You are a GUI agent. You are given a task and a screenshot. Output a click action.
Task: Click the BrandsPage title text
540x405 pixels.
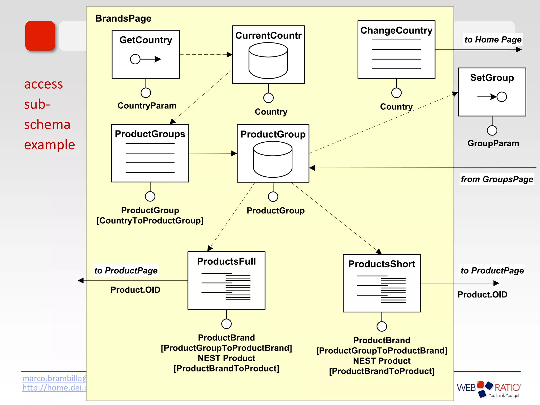pos(123,18)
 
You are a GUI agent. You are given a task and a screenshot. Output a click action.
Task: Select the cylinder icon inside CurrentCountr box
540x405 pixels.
pos(268,61)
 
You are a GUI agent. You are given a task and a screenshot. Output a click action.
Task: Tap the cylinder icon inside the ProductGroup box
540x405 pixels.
pos(273,159)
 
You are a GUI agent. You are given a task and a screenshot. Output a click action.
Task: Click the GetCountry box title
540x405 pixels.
pos(146,40)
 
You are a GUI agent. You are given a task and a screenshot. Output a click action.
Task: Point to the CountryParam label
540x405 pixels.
pos(147,105)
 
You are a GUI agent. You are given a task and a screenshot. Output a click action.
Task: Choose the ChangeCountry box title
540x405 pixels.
pos(396,30)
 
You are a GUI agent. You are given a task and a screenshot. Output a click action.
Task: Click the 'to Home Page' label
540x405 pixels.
pos(493,40)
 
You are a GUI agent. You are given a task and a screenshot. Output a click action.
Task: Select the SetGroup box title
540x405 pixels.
pos(492,78)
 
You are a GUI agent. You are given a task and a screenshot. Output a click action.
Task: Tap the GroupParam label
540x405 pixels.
pos(493,143)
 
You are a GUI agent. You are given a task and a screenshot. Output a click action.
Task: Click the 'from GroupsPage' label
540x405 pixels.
pos(497,179)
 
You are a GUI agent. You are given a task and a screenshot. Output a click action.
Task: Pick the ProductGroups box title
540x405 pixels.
pos(150,134)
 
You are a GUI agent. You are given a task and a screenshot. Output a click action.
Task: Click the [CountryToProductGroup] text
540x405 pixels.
pos(150,220)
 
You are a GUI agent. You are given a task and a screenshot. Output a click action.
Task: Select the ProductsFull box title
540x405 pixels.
pos(226,261)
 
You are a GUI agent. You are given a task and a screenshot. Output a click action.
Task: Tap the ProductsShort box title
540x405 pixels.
pos(382,264)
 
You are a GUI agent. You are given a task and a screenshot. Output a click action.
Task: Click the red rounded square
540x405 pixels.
pos(40,36)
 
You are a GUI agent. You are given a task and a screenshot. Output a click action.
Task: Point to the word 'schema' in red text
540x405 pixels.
pos(47,124)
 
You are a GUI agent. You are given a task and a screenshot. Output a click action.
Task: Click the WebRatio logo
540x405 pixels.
pos(489,389)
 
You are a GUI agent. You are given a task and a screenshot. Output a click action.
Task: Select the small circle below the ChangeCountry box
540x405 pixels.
pos(396,93)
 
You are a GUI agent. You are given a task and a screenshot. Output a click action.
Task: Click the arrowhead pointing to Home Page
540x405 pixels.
pos(519,50)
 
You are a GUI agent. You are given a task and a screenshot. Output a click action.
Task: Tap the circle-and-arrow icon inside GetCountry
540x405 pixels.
pos(146,59)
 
